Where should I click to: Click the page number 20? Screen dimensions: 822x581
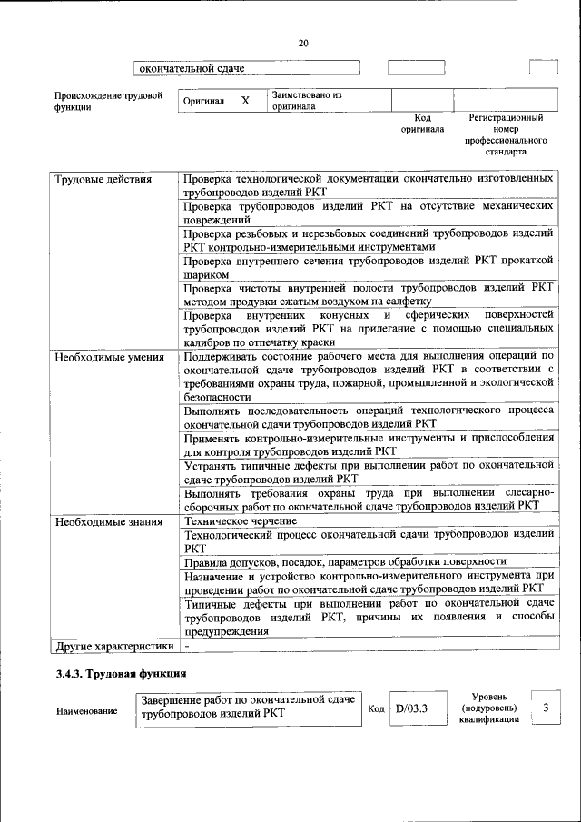click(x=303, y=43)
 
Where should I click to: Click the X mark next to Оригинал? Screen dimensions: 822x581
click(x=244, y=101)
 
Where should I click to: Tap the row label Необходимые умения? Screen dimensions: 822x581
click(x=110, y=357)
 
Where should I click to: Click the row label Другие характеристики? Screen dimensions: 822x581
click(x=113, y=647)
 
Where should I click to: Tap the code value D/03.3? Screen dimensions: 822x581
click(x=411, y=708)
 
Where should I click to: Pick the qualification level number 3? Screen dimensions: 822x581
click(x=545, y=708)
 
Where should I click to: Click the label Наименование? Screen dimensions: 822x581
click(x=86, y=710)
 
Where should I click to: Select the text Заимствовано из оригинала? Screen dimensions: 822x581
click(x=306, y=100)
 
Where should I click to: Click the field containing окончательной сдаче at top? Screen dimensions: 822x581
click(x=247, y=68)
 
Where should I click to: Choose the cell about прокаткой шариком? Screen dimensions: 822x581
click(x=368, y=268)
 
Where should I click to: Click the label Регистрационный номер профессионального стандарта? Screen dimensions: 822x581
click(x=506, y=134)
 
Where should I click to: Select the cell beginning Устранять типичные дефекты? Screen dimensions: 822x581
click(x=368, y=471)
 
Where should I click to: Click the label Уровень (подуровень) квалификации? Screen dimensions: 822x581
click(x=489, y=708)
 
